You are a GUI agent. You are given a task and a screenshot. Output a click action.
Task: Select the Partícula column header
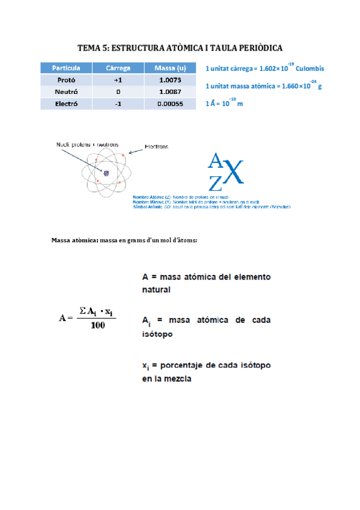tap(66, 68)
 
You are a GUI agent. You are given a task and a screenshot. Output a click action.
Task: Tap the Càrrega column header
tap(118, 68)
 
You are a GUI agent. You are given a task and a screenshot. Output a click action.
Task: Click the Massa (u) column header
tap(170, 68)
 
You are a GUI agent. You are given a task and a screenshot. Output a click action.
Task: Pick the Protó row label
tap(66, 80)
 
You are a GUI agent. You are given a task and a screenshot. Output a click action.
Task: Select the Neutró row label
tap(66, 91)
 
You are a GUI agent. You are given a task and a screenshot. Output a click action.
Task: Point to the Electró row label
tap(66, 103)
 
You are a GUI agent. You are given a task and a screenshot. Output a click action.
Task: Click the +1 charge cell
tap(118, 80)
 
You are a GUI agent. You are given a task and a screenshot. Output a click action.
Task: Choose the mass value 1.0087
tap(170, 91)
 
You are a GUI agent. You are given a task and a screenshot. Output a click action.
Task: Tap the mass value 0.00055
tap(170, 103)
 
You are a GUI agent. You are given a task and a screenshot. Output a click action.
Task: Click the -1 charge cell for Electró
tap(118, 103)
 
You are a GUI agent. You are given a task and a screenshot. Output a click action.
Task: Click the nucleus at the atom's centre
tap(106, 173)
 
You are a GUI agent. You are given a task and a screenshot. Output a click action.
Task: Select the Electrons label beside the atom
tap(157, 146)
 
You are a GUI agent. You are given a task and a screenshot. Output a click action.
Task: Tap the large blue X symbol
tap(234, 174)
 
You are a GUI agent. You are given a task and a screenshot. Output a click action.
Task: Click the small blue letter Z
tap(215, 180)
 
